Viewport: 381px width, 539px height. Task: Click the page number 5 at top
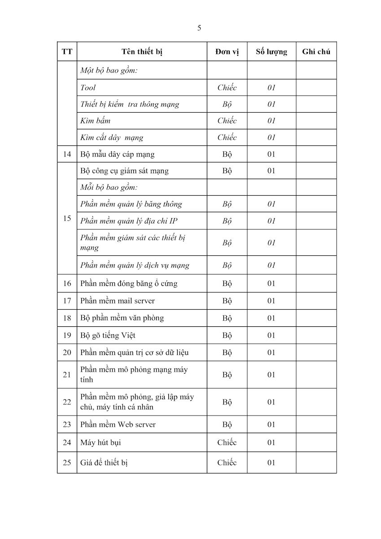[199, 28]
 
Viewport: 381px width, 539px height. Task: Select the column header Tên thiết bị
[142, 52]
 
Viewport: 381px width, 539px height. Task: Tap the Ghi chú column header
[316, 52]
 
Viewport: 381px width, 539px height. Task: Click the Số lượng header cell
[271, 52]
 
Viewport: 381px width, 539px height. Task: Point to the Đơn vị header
[227, 52]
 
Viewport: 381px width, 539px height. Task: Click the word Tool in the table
[88, 88]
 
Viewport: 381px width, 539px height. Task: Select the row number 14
[67, 154]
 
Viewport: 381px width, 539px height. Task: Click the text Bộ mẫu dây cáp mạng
[117, 154]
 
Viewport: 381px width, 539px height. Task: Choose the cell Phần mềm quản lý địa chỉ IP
[125, 221]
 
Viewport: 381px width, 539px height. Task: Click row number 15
[67, 219]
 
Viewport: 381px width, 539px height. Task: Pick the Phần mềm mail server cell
[118, 301]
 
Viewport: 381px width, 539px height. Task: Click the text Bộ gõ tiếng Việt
[108, 335]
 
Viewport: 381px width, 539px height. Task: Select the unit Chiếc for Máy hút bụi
[227, 443]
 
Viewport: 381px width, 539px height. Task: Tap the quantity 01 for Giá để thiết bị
[271, 462]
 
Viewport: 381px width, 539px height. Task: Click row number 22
[67, 402]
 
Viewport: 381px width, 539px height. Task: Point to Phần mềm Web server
[118, 424]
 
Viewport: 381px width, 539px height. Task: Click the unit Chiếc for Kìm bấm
[227, 121]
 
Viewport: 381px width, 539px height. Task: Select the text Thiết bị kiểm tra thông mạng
[130, 104]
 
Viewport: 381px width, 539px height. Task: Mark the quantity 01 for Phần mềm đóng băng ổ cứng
[271, 283]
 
